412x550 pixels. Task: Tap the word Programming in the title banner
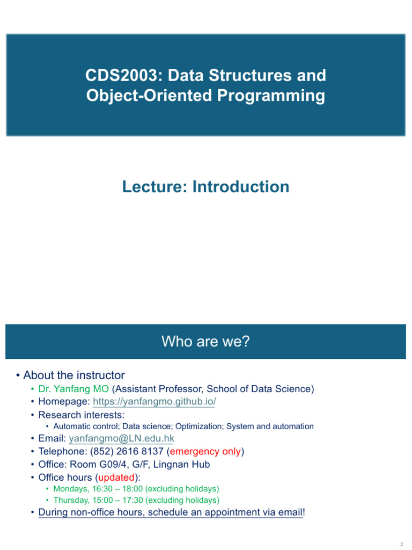[x=271, y=96]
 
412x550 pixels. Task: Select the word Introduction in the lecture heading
[x=241, y=186]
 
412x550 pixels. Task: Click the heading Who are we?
[x=205, y=341]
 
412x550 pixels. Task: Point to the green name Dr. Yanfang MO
[x=73, y=389]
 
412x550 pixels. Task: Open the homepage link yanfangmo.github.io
[x=154, y=401]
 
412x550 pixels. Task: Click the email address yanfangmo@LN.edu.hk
[x=122, y=438]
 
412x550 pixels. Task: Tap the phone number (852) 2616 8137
[x=127, y=451]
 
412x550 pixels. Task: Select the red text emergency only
[x=205, y=451]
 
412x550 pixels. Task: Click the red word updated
[x=116, y=477]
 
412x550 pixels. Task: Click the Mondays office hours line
[x=136, y=489]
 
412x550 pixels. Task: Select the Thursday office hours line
[x=136, y=500]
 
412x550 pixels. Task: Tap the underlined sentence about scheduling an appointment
[x=172, y=512]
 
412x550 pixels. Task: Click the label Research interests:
[x=82, y=415]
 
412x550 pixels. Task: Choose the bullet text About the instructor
[x=74, y=375]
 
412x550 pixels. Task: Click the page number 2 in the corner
[x=401, y=544]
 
